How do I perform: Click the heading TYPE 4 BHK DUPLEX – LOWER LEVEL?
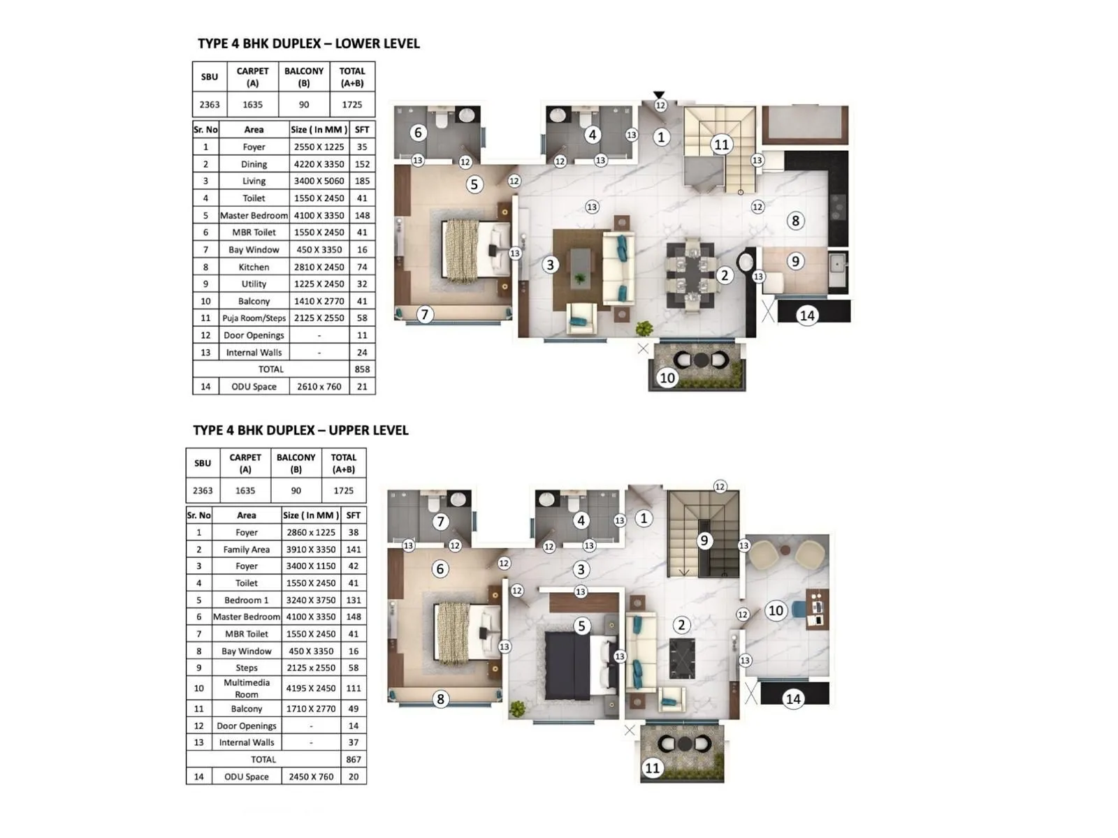308,43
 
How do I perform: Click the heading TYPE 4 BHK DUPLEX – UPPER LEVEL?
300,430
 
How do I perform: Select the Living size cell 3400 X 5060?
319,181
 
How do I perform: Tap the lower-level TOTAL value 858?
362,369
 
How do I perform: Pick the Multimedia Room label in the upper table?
246,688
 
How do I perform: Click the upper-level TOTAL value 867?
354,759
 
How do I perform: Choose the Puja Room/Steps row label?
254,318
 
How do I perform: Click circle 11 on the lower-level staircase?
721,145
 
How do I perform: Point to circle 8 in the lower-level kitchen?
795,221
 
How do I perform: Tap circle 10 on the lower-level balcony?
667,378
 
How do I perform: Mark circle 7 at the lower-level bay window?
424,314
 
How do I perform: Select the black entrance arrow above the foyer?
659,95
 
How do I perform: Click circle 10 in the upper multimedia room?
776,610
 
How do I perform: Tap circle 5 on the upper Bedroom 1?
581,626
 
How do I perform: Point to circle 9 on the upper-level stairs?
704,541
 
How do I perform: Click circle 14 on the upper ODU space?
793,698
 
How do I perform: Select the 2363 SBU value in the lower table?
209,105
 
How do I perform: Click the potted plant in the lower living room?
644,328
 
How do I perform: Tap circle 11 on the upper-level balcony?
652,768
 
